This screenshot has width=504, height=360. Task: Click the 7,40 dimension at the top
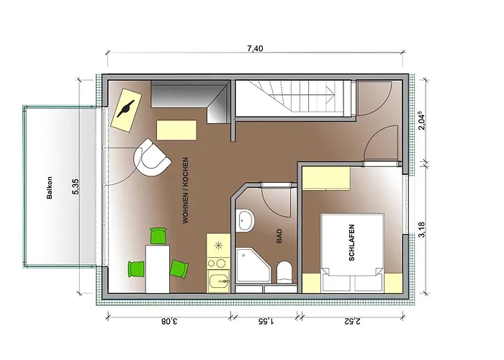(x=255, y=48)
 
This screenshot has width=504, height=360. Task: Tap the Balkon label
(x=50, y=188)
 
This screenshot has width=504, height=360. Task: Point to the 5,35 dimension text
(x=76, y=186)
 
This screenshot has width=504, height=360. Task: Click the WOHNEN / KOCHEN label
(x=186, y=190)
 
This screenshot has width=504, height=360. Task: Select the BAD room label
(x=279, y=235)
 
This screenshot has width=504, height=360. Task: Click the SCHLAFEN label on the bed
(x=351, y=243)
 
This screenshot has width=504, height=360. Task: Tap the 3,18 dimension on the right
(x=422, y=230)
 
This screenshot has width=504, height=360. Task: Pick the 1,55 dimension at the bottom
(x=266, y=321)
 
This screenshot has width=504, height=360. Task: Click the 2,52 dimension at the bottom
(x=353, y=321)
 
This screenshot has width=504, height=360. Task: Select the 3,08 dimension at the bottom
(x=169, y=321)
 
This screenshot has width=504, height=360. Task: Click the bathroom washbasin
(x=245, y=220)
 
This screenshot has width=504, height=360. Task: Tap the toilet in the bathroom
(x=284, y=272)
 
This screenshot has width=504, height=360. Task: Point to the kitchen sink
(x=219, y=281)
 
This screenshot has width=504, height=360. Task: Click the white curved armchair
(x=151, y=158)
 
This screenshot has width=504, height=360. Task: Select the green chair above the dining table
(x=158, y=235)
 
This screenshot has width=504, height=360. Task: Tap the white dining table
(x=158, y=269)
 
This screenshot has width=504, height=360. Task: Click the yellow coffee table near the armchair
(x=176, y=130)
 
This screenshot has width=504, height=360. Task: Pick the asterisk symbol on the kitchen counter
(x=219, y=246)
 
